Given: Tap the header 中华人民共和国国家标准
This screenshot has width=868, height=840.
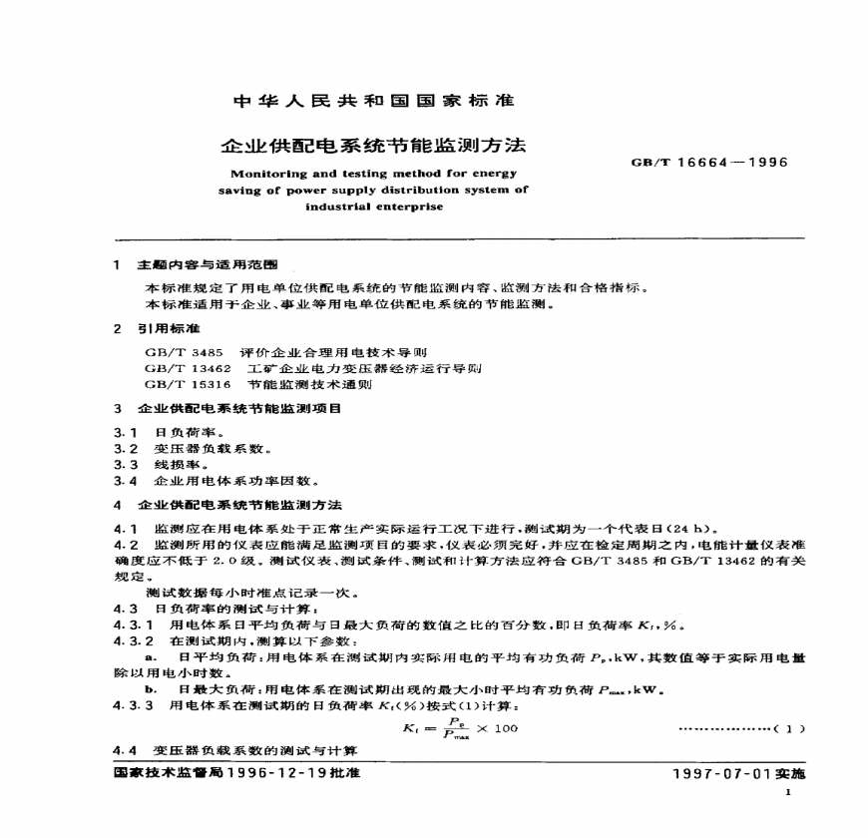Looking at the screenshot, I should [x=372, y=101].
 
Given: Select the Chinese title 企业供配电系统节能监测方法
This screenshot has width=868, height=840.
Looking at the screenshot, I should [x=372, y=146].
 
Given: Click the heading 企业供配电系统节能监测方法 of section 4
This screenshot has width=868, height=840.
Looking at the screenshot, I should [x=239, y=505].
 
